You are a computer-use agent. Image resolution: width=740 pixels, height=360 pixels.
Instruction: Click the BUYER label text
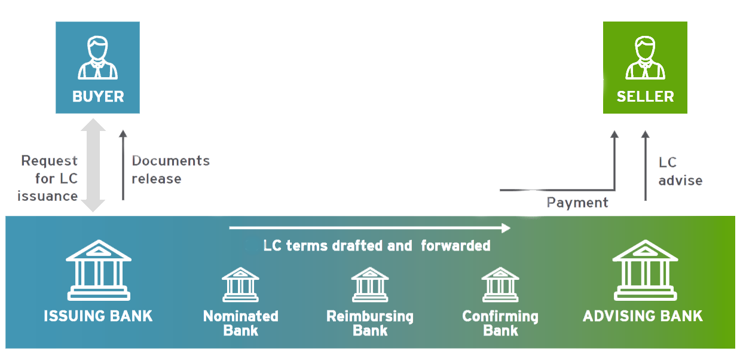click(97, 97)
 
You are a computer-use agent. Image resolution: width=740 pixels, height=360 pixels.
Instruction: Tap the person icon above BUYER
click(97, 58)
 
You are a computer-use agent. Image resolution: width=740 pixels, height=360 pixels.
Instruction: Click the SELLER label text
click(645, 97)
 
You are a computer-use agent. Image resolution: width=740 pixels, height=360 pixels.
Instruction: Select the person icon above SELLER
click(645, 58)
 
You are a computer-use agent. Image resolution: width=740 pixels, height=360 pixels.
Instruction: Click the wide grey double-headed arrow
click(93, 165)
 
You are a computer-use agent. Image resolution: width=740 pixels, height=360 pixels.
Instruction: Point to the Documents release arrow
click(123, 164)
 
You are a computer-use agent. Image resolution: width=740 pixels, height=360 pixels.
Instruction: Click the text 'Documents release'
click(170, 170)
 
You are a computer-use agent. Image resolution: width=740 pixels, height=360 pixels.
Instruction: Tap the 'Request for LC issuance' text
click(49, 178)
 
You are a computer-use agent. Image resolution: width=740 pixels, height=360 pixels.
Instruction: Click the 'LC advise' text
click(680, 171)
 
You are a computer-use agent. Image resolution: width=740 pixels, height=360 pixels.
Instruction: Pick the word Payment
click(577, 203)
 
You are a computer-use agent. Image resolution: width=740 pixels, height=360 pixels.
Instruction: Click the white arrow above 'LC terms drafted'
click(369, 228)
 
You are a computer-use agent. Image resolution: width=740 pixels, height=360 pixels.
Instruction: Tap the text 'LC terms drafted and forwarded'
click(377, 246)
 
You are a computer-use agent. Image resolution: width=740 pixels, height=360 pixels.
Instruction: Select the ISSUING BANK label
click(98, 316)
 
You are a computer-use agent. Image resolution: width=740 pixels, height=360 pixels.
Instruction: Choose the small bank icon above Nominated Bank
click(240, 284)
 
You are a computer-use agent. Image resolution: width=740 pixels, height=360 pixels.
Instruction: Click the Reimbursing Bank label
click(370, 323)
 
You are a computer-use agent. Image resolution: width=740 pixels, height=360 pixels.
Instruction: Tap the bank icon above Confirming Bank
click(500, 284)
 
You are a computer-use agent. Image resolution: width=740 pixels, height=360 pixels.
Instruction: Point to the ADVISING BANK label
click(643, 316)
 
